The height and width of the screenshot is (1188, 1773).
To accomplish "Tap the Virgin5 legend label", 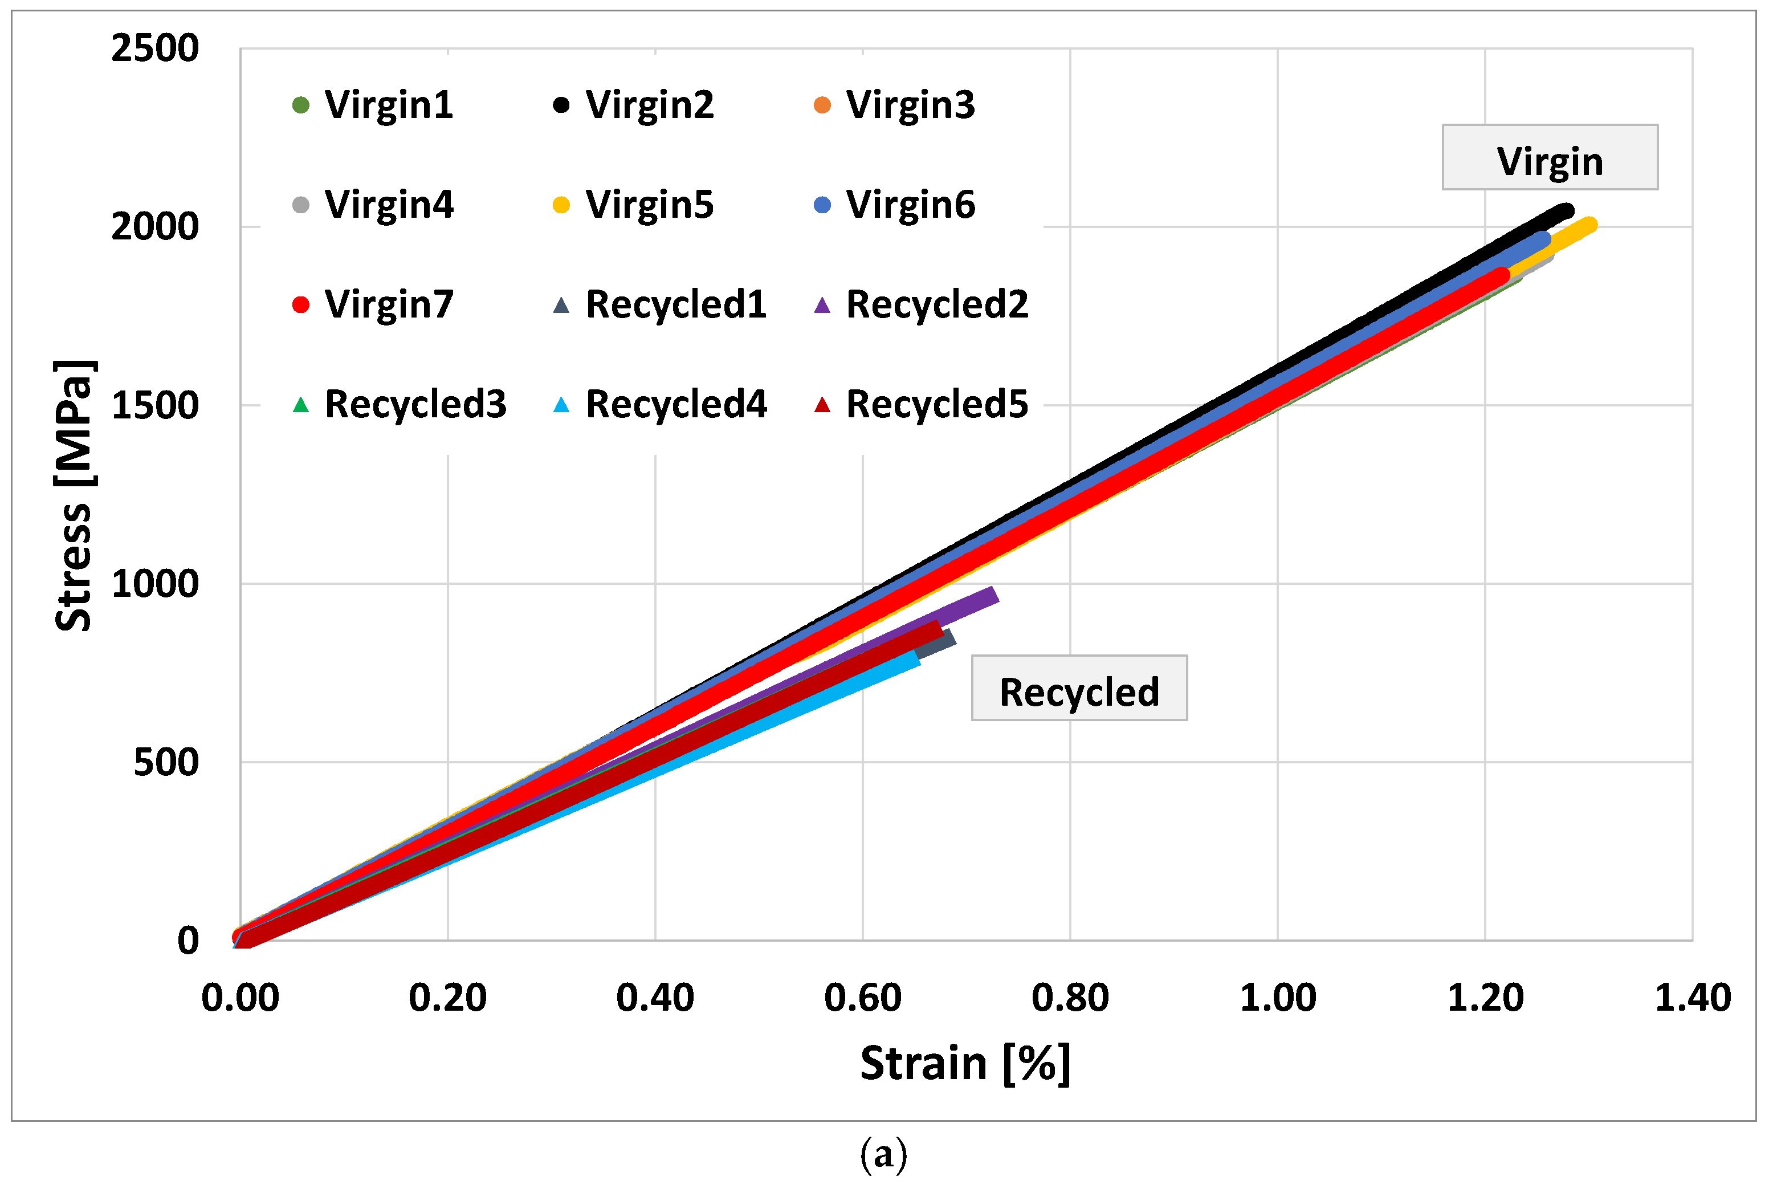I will pos(649,205).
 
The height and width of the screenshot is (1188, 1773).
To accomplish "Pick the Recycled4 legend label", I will pos(675,405).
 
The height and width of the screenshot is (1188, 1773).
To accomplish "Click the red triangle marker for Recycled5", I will pos(822,405).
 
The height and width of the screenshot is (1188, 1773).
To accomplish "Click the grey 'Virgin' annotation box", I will pos(1550,157).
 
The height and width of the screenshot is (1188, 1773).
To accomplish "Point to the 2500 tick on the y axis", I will pos(155,49).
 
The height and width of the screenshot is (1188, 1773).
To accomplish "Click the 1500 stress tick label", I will pos(155,406).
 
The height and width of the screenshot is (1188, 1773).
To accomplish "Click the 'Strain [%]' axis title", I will pos(965,1064).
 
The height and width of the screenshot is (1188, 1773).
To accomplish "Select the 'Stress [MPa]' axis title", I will pos(74,497).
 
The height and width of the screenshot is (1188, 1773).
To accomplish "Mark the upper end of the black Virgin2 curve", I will pos(1566,210).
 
